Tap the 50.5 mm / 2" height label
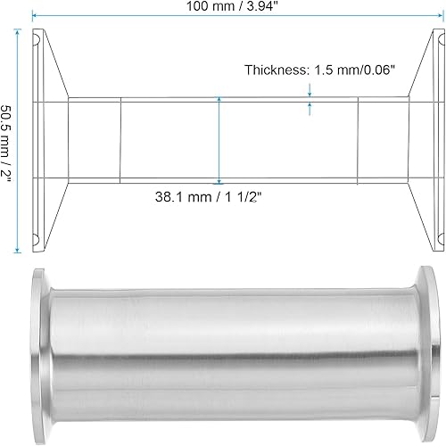click(8, 139)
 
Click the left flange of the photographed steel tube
click(39, 344)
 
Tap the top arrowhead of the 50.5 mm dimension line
click(18, 31)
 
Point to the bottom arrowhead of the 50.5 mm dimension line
click(18, 249)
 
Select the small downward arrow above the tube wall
click(310, 90)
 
